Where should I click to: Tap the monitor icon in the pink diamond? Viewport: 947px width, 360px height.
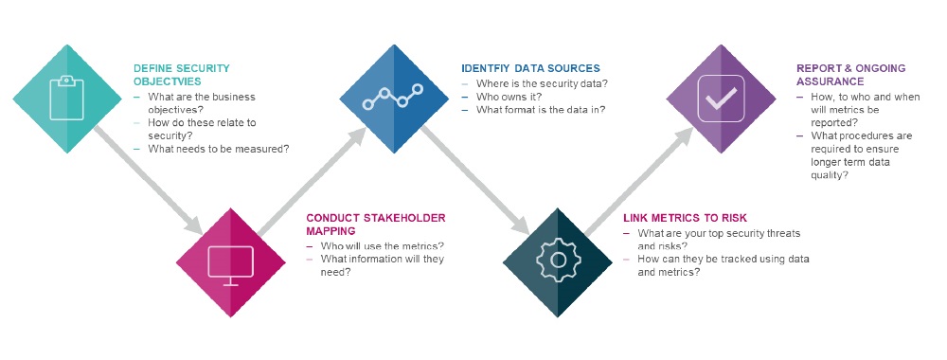click(230, 263)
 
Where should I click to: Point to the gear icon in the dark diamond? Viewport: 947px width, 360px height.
click(557, 260)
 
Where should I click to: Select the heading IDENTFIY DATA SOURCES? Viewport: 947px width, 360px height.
click(530, 69)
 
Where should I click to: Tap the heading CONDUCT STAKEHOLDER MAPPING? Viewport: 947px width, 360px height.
click(375, 224)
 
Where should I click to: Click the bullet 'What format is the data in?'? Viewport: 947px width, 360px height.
click(541, 110)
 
